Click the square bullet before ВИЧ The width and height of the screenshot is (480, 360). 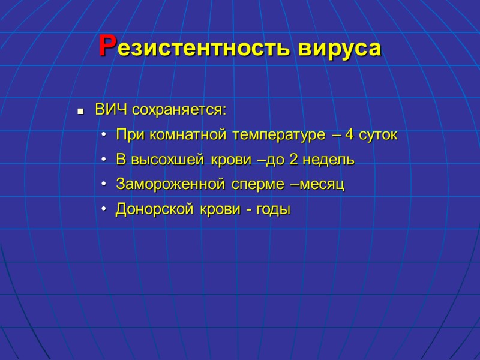pos(79,112)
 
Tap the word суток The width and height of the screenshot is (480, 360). pos(379,136)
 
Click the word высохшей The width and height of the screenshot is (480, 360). pos(162,160)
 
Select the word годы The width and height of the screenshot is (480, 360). pos(274,210)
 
